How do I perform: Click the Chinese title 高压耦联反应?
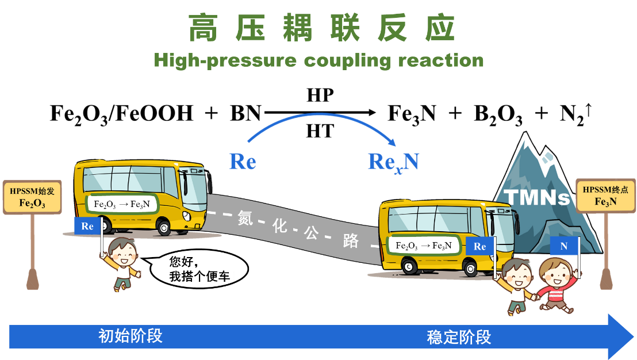(x=321, y=28)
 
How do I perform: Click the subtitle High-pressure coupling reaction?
(x=318, y=60)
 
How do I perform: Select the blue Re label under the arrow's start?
(x=242, y=162)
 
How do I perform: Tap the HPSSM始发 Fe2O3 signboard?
(x=32, y=197)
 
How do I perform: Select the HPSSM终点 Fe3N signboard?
(x=605, y=196)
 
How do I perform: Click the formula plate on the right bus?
(x=424, y=246)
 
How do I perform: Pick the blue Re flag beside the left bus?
(x=87, y=226)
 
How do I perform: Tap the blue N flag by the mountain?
(x=563, y=246)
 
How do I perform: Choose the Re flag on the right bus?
(x=479, y=247)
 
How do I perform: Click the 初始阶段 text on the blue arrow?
(x=131, y=336)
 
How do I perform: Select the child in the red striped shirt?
(x=555, y=285)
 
